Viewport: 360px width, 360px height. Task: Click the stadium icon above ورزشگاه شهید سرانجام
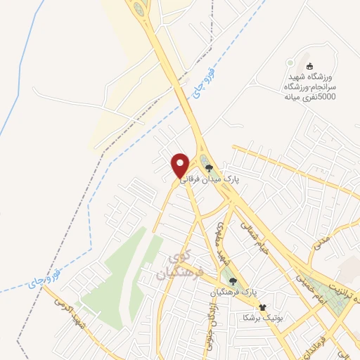point(309,65)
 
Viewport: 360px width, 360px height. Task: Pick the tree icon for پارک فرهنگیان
point(233,281)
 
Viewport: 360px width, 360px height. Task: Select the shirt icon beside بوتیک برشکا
point(262,307)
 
